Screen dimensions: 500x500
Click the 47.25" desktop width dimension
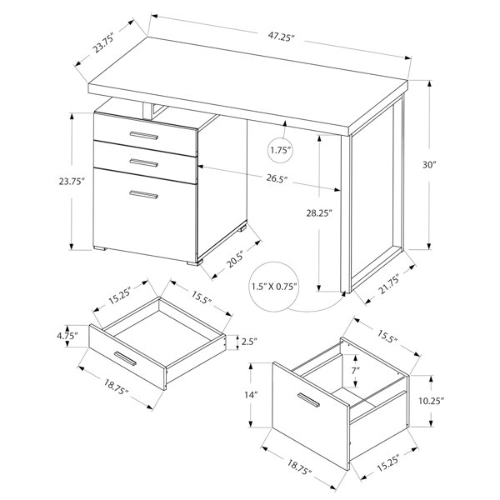(281, 37)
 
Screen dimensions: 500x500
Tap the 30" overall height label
(429, 165)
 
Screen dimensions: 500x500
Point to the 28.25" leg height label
(319, 213)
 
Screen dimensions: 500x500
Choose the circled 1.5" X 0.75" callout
(274, 287)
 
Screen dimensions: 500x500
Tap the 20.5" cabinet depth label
(236, 258)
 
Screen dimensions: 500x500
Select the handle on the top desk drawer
(144, 135)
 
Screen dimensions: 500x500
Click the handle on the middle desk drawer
(144, 162)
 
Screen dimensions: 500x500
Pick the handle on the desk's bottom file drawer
(144, 194)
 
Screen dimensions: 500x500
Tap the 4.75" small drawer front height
(67, 336)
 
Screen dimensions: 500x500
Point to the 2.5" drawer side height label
(249, 342)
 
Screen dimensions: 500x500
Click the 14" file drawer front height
(251, 395)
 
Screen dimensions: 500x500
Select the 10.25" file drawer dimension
(431, 401)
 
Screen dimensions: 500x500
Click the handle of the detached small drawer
(125, 358)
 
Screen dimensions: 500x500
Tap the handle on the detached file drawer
(308, 400)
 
